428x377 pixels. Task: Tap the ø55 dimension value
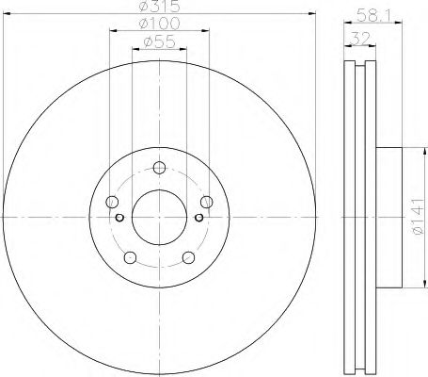point(157,42)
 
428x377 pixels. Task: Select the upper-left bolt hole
point(113,201)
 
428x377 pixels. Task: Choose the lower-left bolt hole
point(131,256)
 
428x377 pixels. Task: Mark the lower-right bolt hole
point(186,256)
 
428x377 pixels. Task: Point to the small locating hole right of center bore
point(198,216)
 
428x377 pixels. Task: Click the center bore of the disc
point(158,216)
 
